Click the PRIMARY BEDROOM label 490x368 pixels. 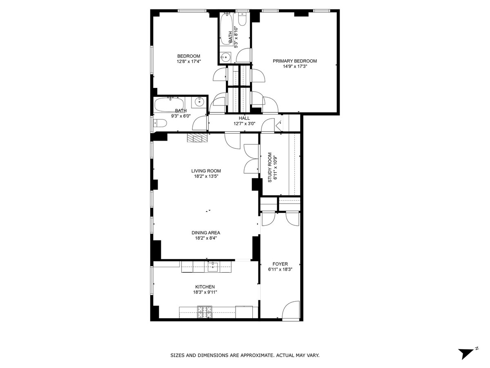[295, 61]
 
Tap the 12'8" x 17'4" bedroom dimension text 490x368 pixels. [189, 61]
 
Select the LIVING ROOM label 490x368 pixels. [206, 171]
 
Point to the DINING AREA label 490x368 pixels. [206, 233]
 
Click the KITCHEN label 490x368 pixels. [205, 287]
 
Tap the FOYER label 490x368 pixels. [280, 264]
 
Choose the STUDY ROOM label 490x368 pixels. [270, 167]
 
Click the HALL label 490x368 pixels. [244, 118]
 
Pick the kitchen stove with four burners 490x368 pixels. [205, 312]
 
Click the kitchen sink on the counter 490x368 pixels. [213, 267]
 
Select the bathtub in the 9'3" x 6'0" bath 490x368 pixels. [169, 105]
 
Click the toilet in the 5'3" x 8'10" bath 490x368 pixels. [242, 19]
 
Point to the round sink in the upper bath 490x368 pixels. [225, 58]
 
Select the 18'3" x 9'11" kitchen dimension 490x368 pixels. [205, 292]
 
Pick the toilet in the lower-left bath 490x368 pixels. [160, 123]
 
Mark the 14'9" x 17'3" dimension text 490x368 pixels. [295, 66]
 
